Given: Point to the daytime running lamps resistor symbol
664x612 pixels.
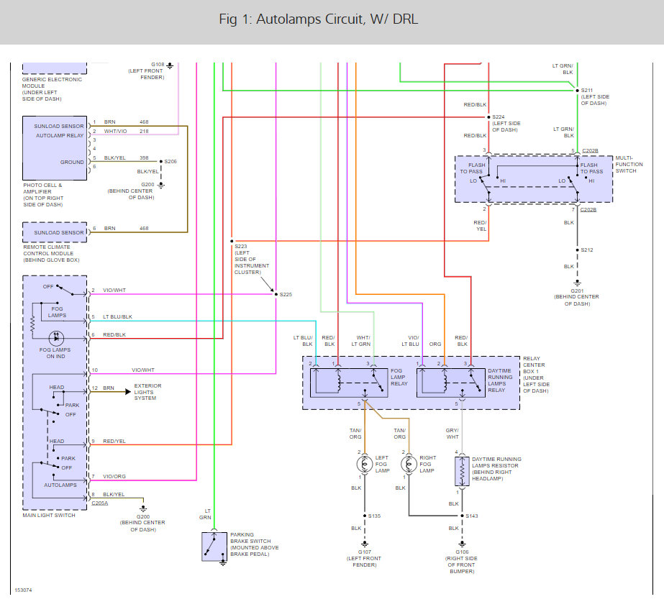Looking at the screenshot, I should (460, 472).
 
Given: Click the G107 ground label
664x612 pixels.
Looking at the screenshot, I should (363, 552).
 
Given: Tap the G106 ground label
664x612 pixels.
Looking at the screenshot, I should (461, 552).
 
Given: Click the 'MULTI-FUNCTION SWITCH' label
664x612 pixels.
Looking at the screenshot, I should (629, 165).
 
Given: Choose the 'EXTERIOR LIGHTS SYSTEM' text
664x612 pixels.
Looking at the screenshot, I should (147, 392).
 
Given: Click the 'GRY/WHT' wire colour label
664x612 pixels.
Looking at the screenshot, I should (452, 433).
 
